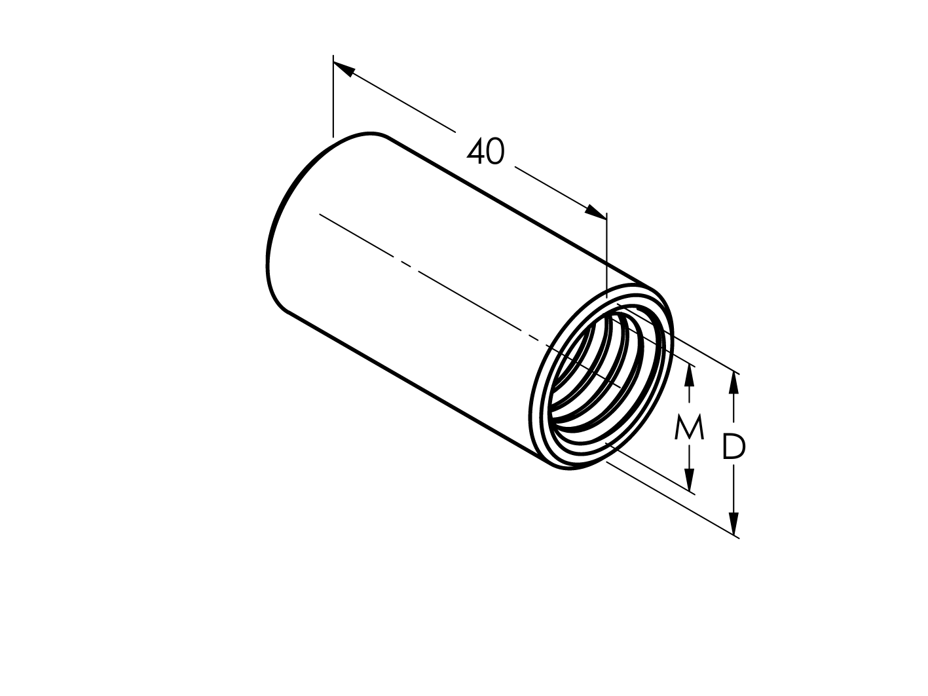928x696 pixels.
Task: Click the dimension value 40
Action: [485, 152]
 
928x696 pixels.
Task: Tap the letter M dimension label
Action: [689, 428]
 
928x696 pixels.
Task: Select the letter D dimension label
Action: [733, 448]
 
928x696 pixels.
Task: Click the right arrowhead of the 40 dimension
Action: [596, 211]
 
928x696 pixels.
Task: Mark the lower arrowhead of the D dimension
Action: [734, 524]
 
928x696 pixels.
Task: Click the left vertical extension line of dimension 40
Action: [333, 98]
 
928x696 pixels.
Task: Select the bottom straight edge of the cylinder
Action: [413, 384]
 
